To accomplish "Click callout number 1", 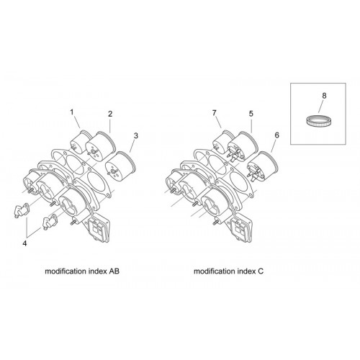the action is (x=72, y=112).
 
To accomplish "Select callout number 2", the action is (x=110, y=114).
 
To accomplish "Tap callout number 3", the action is (x=136, y=135).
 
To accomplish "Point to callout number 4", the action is (x=24, y=243).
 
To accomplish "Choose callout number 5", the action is (x=251, y=114).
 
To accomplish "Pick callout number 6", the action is (x=277, y=135).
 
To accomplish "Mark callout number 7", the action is (x=215, y=112).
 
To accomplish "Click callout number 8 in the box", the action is (x=324, y=96).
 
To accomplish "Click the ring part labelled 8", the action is (x=319, y=121).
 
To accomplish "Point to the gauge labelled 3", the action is (x=121, y=166).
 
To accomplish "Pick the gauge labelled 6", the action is (x=263, y=166).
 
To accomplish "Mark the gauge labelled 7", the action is (x=223, y=142).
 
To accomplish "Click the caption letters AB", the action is (x=114, y=271).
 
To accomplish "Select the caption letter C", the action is (x=261, y=271).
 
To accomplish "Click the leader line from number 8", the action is (x=321, y=106).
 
